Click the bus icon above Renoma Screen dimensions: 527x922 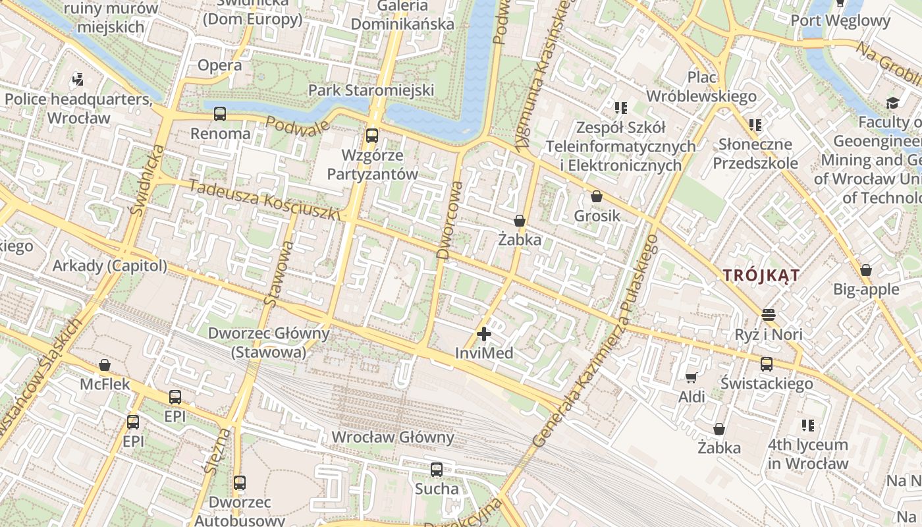coord(220,114)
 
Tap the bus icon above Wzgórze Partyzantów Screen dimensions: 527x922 coord(372,136)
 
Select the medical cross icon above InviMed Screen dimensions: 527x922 coord(484,334)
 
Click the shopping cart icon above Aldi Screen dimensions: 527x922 coord(691,377)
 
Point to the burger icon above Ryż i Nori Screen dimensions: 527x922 coord(769,314)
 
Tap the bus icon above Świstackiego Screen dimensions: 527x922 coord(767,364)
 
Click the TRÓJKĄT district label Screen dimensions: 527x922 coord(761,275)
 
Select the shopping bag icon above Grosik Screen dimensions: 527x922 coord(597,196)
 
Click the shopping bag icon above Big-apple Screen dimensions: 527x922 coord(866,270)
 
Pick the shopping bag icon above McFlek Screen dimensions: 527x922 coord(105,365)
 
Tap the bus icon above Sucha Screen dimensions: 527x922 coord(437,470)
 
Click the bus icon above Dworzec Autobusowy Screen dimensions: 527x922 coord(240,483)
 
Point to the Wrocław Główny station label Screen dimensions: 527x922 coord(393,437)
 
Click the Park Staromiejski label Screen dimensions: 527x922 coord(371,90)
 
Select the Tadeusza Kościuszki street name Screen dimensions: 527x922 coord(263,199)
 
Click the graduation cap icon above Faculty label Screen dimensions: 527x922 coord(892,103)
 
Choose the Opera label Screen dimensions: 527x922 coord(220,65)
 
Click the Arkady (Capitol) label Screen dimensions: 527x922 coord(109,266)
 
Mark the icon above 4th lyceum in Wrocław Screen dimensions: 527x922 coord(808,426)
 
